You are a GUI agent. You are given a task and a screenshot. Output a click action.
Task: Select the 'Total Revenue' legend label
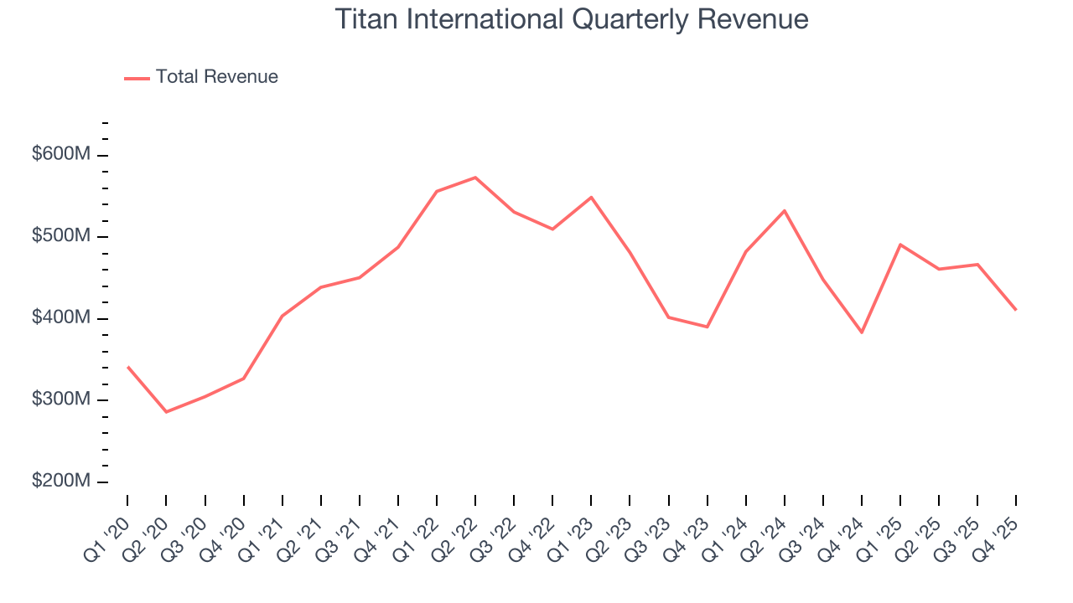click(216, 77)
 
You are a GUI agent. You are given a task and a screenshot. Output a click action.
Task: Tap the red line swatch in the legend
click(137, 78)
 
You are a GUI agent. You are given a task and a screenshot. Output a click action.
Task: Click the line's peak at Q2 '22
click(475, 178)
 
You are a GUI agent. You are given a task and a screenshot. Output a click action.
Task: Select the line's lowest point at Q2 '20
click(166, 412)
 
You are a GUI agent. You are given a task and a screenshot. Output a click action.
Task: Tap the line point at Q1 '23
click(591, 197)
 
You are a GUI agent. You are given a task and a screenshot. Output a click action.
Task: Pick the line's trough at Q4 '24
click(862, 332)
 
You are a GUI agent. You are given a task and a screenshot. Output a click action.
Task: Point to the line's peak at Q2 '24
click(785, 210)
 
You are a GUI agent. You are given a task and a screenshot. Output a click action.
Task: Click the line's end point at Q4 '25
click(1016, 310)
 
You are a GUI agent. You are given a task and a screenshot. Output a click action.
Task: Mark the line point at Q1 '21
click(283, 316)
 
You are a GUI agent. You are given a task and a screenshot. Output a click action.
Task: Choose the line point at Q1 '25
click(900, 245)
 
